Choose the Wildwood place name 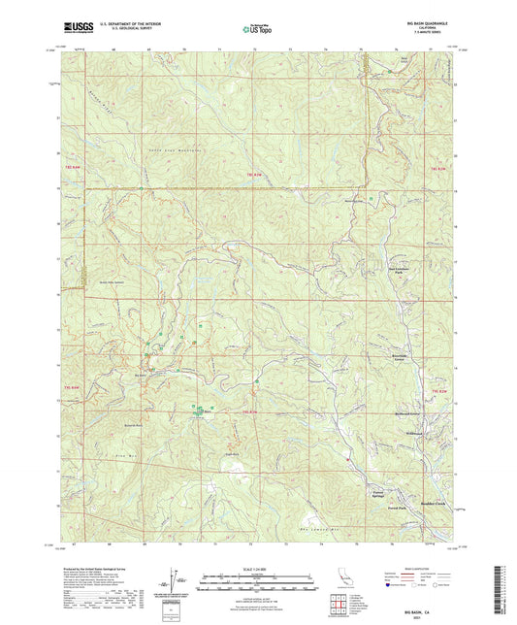pyautogui.click(x=415, y=432)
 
